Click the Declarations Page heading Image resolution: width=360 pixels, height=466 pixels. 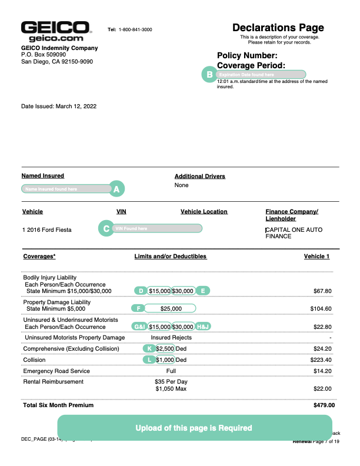coord(278,28)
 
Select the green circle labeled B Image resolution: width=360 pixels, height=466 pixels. coord(208,75)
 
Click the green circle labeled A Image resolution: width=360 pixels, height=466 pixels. coord(116,189)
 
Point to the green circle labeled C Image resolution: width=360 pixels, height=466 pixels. coord(106,228)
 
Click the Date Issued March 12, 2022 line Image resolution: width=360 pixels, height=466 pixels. coord(59,106)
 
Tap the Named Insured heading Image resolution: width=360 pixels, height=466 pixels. coord(43,176)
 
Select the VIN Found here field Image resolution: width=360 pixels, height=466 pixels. coord(158,228)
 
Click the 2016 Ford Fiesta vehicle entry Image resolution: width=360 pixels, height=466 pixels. coord(46,229)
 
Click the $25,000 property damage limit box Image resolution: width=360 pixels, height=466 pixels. coord(171,308)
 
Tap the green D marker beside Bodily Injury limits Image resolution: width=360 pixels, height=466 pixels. coord(141,291)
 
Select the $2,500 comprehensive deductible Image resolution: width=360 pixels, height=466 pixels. coord(165,348)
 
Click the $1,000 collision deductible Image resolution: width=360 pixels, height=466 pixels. coord(165,360)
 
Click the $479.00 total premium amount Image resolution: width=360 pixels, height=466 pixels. coord(324,405)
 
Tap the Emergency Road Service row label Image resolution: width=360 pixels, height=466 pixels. coord(56,371)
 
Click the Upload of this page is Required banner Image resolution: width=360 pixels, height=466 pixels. coord(194,428)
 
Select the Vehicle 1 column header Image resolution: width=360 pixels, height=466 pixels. coord(316,257)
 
